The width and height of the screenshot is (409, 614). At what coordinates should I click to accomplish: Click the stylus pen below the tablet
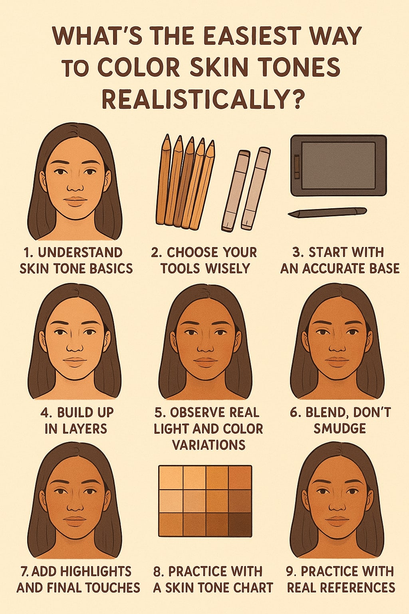pos(327,212)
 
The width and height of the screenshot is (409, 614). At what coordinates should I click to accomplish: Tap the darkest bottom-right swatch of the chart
pos(240,524)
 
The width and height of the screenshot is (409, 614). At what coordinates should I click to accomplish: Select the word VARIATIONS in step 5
pos(208,445)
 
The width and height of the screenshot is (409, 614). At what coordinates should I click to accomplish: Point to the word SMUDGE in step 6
pos(340,429)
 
